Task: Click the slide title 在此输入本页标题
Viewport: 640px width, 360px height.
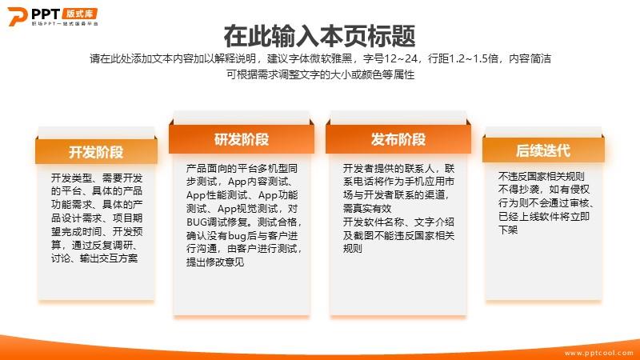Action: (319, 36)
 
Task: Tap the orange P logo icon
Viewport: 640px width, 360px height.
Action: (17, 16)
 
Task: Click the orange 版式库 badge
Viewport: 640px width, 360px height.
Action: (80, 14)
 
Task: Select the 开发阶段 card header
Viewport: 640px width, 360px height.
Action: (96, 152)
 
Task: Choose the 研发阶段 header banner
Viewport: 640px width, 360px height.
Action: (242, 139)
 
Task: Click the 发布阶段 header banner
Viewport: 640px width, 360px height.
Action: (398, 139)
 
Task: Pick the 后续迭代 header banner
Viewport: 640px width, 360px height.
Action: (543, 150)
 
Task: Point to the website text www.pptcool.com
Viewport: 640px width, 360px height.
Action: (598, 353)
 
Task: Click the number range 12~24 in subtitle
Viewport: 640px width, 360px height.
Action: (401, 58)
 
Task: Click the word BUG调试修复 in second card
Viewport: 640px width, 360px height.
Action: (218, 222)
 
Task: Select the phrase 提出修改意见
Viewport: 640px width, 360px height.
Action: (215, 262)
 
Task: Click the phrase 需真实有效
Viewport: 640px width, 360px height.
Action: (367, 209)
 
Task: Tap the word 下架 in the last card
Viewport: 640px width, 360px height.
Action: (508, 230)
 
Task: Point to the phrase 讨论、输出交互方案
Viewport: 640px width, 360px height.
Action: (94, 258)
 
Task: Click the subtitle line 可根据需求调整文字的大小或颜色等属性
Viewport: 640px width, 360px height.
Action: (321, 74)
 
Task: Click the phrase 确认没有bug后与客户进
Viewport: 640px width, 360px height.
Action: (242, 235)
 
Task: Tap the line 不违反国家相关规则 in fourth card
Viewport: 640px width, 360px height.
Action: (542, 176)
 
